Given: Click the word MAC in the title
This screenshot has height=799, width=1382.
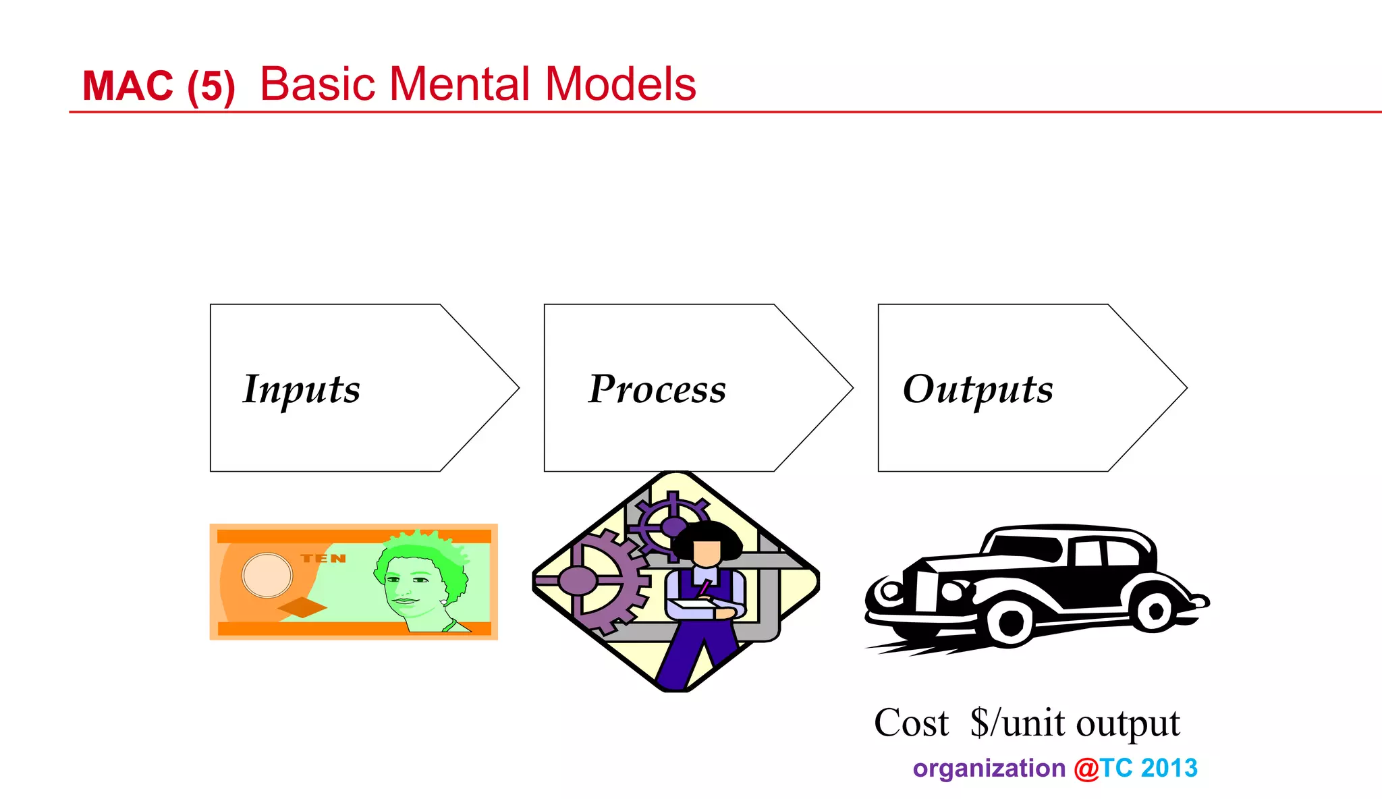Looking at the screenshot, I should (128, 86).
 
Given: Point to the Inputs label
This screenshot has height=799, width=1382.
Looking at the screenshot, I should (301, 390).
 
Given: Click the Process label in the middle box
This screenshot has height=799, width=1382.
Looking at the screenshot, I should (657, 390).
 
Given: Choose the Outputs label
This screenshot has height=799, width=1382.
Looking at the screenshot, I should (978, 390).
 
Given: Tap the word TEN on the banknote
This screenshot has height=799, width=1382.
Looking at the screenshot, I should (323, 559).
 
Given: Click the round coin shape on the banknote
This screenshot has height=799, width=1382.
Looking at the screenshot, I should (267, 575).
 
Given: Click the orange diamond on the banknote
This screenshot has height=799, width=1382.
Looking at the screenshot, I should (302, 607).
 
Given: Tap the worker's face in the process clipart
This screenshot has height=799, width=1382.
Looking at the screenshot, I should (707, 552).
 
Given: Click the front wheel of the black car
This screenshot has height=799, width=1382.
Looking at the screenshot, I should (1010, 624).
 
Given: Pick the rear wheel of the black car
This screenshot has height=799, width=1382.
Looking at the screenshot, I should (1155, 611).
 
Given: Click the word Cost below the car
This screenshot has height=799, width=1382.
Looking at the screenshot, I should (911, 723).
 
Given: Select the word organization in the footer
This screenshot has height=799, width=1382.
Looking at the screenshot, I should (989, 769).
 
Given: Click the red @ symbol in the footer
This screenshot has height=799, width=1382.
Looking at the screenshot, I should (1086, 769).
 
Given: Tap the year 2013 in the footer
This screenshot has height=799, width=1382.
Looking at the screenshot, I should (1169, 769).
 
